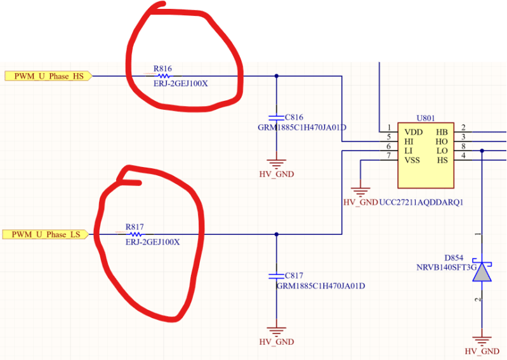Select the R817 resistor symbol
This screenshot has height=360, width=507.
point(135,234)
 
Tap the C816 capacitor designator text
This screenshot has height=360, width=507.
point(294,117)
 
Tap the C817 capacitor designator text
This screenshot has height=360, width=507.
point(294,276)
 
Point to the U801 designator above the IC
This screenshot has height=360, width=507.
point(426,118)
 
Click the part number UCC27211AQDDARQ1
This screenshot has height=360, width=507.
point(421,202)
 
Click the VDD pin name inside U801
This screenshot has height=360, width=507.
point(413,132)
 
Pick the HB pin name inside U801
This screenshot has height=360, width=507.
point(442,132)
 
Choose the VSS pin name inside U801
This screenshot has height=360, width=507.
point(412,160)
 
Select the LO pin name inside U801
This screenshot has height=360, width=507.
point(442,150)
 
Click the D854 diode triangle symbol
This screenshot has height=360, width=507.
point(483,272)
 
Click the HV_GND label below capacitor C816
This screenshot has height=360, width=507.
point(276,174)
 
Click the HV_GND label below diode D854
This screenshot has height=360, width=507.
point(482,351)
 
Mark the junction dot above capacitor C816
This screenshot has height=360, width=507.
point(276,76)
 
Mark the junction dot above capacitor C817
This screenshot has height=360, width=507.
point(276,234)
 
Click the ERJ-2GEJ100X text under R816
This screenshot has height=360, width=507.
point(180,83)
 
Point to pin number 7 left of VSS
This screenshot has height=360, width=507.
point(388,156)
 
